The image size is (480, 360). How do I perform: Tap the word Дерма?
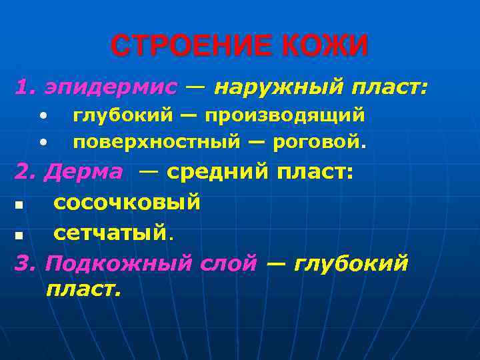(83, 172)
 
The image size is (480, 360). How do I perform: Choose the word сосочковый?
(127, 202)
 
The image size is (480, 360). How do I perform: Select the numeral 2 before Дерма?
(23, 172)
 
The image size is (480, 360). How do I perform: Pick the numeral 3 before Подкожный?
(22, 263)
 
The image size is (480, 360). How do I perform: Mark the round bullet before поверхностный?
(43, 142)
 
